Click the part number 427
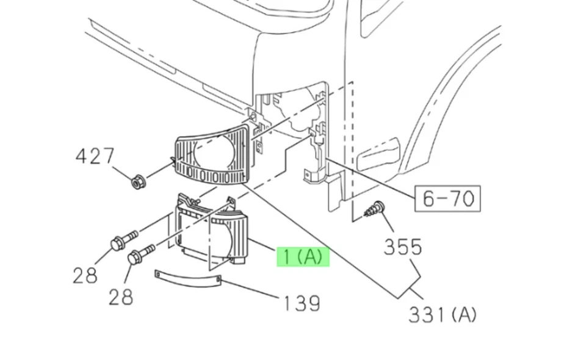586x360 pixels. pos(95,157)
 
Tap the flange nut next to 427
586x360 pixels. pos(138,181)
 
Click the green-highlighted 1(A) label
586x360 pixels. pos(303,257)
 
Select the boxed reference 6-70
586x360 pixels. pos(447,198)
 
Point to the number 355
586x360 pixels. pos(403,247)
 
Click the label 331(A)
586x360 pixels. pos(442,314)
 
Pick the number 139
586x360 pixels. pos(301,303)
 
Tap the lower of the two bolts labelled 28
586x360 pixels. pos(139,254)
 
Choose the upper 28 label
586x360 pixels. pos(85,276)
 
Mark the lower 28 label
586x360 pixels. pos(121,297)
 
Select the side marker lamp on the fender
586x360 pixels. pos(378,155)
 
